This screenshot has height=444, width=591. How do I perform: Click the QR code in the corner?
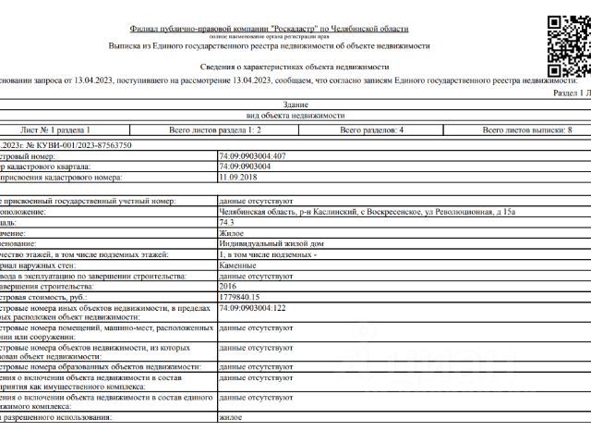tap(566, 43)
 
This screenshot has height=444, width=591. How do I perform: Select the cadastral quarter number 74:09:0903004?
tap(245, 166)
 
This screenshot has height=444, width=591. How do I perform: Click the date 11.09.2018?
tap(236, 176)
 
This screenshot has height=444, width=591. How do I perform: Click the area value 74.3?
tap(227, 223)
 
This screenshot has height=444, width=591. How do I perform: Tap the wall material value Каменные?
tap(238, 265)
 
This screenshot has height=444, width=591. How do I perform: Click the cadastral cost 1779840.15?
tap(241, 297)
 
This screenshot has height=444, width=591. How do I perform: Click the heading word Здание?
tap(297, 105)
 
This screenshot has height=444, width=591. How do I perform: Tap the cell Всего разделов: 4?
tap(371, 130)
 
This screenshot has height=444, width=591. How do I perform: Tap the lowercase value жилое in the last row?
tap(231, 418)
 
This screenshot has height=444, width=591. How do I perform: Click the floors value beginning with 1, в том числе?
tap(268, 253)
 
